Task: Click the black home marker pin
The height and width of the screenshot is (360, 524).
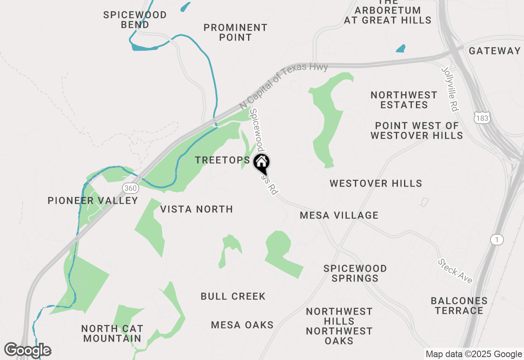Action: (x=262, y=163)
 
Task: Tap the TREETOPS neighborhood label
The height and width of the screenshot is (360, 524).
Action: (x=222, y=160)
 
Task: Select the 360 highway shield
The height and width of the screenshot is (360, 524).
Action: (x=130, y=188)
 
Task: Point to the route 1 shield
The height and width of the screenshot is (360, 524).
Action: (x=497, y=240)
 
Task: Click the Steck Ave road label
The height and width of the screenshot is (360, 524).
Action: (x=455, y=271)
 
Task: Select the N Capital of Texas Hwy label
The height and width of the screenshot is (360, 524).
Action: (x=284, y=85)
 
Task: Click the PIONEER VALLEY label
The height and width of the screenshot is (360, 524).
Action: (x=93, y=200)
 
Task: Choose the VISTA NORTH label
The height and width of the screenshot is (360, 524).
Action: (x=196, y=209)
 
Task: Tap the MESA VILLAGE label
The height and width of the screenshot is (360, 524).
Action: (x=339, y=215)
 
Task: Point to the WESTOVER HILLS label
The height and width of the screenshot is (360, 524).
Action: (x=376, y=183)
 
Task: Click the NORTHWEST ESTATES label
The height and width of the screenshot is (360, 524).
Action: (x=404, y=100)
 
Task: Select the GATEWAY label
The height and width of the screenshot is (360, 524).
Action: (x=495, y=51)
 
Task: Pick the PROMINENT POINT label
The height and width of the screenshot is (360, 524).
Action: (x=235, y=32)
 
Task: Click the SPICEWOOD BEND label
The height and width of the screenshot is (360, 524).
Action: (x=135, y=20)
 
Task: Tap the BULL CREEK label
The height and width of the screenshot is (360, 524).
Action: (x=233, y=296)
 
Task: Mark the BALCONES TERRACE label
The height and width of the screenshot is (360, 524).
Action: (x=459, y=306)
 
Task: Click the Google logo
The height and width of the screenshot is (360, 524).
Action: (x=28, y=350)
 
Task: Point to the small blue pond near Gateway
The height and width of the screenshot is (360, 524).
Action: (x=400, y=49)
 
